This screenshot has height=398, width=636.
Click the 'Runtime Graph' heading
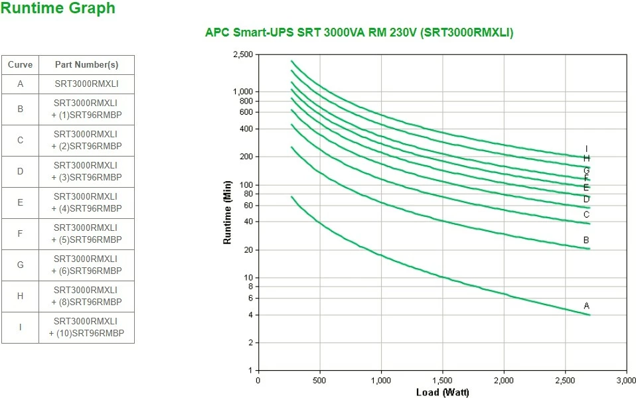point(58,9)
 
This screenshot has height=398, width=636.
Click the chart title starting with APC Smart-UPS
point(358,33)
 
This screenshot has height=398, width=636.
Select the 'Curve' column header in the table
point(20,65)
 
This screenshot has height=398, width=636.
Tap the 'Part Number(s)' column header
point(86,65)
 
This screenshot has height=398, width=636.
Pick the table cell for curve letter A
point(20,84)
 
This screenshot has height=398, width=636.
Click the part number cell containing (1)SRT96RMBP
point(86,109)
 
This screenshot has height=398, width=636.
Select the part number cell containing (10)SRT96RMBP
point(86,328)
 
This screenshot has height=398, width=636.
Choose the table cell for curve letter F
point(20,233)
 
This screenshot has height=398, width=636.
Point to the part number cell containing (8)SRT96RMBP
point(86,296)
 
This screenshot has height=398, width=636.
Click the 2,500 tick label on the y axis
point(243,54)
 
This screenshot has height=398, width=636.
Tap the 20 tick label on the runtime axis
point(249,250)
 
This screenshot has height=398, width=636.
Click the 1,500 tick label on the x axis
point(443,381)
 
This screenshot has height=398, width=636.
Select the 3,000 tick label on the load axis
point(626,381)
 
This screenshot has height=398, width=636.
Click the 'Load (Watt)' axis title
point(442,392)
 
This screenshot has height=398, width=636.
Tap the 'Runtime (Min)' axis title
point(228,212)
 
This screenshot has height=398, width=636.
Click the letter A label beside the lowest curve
point(586,306)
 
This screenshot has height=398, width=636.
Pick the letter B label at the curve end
point(586,240)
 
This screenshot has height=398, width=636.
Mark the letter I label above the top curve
point(586,149)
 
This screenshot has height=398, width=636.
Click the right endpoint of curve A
point(590,314)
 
